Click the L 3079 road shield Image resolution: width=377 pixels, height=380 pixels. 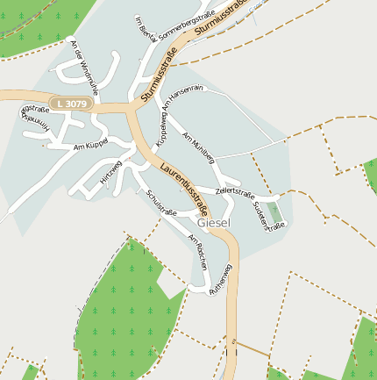tap(72, 104)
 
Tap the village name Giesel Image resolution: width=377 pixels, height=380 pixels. tap(215, 223)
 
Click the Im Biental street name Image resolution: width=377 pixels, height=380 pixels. tap(145, 26)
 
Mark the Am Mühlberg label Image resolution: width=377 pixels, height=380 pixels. tap(198, 147)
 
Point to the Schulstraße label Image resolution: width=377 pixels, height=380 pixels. tap(162, 203)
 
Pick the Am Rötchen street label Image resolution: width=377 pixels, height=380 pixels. tap(199, 252)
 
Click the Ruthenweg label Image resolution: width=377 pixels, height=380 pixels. tap(221, 279)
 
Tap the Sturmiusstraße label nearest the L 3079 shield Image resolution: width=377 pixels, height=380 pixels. tap(159, 71)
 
